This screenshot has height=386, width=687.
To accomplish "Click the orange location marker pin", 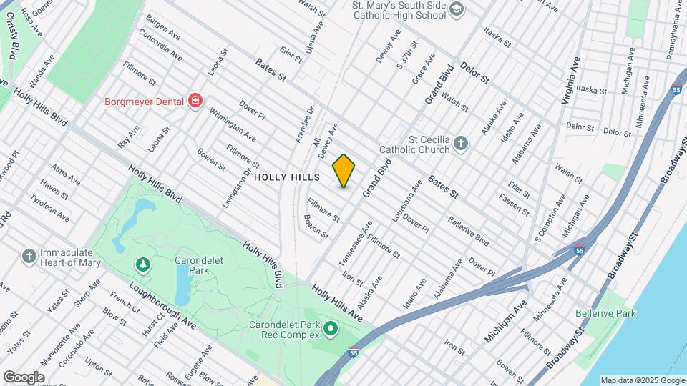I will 344,170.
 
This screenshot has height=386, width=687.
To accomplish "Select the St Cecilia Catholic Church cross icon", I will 462,144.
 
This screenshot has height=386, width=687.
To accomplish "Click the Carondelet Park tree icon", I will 144,265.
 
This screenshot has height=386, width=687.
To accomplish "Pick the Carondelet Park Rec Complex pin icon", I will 330,329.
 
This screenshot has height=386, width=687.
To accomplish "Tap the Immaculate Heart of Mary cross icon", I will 29,256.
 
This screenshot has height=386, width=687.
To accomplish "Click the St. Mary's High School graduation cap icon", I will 457,9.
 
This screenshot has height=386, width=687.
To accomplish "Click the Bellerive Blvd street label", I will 468,230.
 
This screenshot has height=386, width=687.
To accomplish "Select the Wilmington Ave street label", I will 233,124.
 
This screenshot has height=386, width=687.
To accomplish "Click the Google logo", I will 24,377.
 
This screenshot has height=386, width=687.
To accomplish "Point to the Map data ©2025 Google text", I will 642,380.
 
